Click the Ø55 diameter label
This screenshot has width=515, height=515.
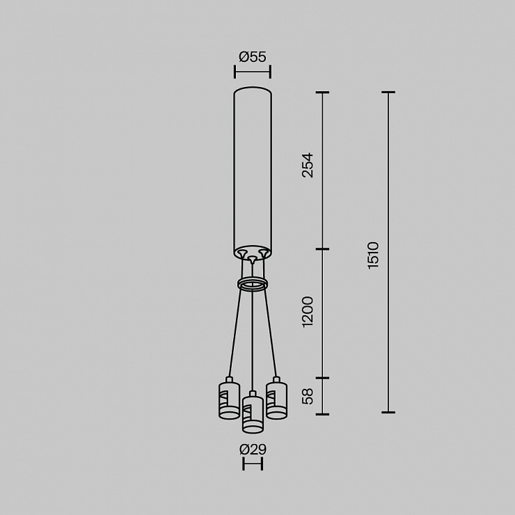pos(252,57)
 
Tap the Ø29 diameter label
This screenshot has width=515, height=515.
pos(253,450)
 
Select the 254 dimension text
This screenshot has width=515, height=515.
pos(308,165)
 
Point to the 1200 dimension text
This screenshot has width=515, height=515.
pos(308,312)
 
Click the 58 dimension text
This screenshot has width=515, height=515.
pos(308,397)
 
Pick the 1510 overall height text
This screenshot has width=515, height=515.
pos(374,255)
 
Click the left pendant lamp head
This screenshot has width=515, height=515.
pos(229,398)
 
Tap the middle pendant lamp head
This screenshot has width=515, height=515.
pos(253,412)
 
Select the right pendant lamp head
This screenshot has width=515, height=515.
pos(276,398)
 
